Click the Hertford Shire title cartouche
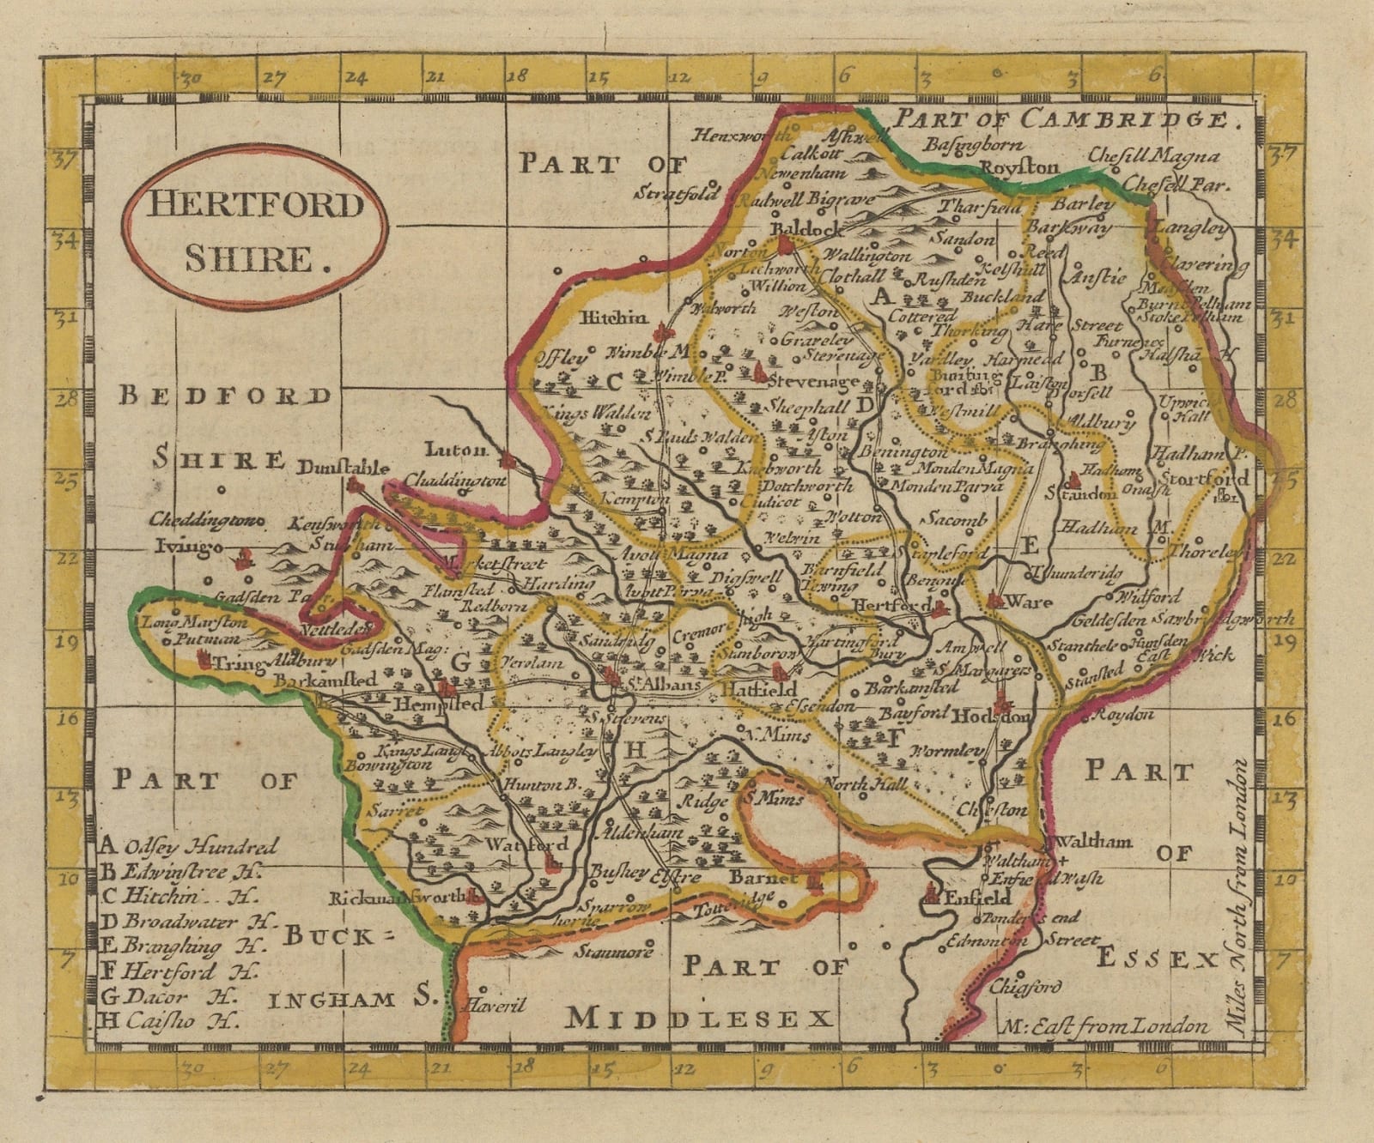(x=254, y=227)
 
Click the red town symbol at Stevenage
(x=760, y=372)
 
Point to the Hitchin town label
(x=614, y=318)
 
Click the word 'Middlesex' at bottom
(x=699, y=1019)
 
